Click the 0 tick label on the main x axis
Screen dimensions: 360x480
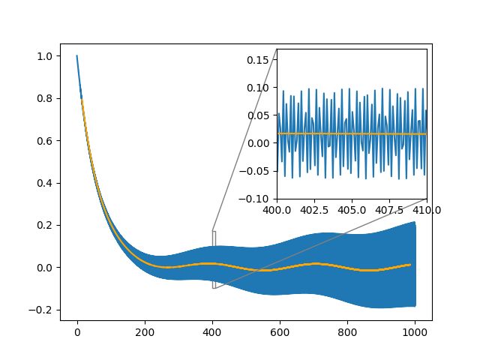click(77, 328)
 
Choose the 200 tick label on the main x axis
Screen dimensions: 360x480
click(145, 328)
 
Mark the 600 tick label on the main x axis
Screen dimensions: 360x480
click(280, 328)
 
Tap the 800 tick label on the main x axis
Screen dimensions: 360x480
click(348, 328)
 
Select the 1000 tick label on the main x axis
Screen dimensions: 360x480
click(415, 328)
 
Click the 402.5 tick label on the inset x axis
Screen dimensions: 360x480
click(314, 209)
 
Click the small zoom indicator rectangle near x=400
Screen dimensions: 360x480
click(214, 259)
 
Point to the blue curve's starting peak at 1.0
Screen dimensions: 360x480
click(76, 56)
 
